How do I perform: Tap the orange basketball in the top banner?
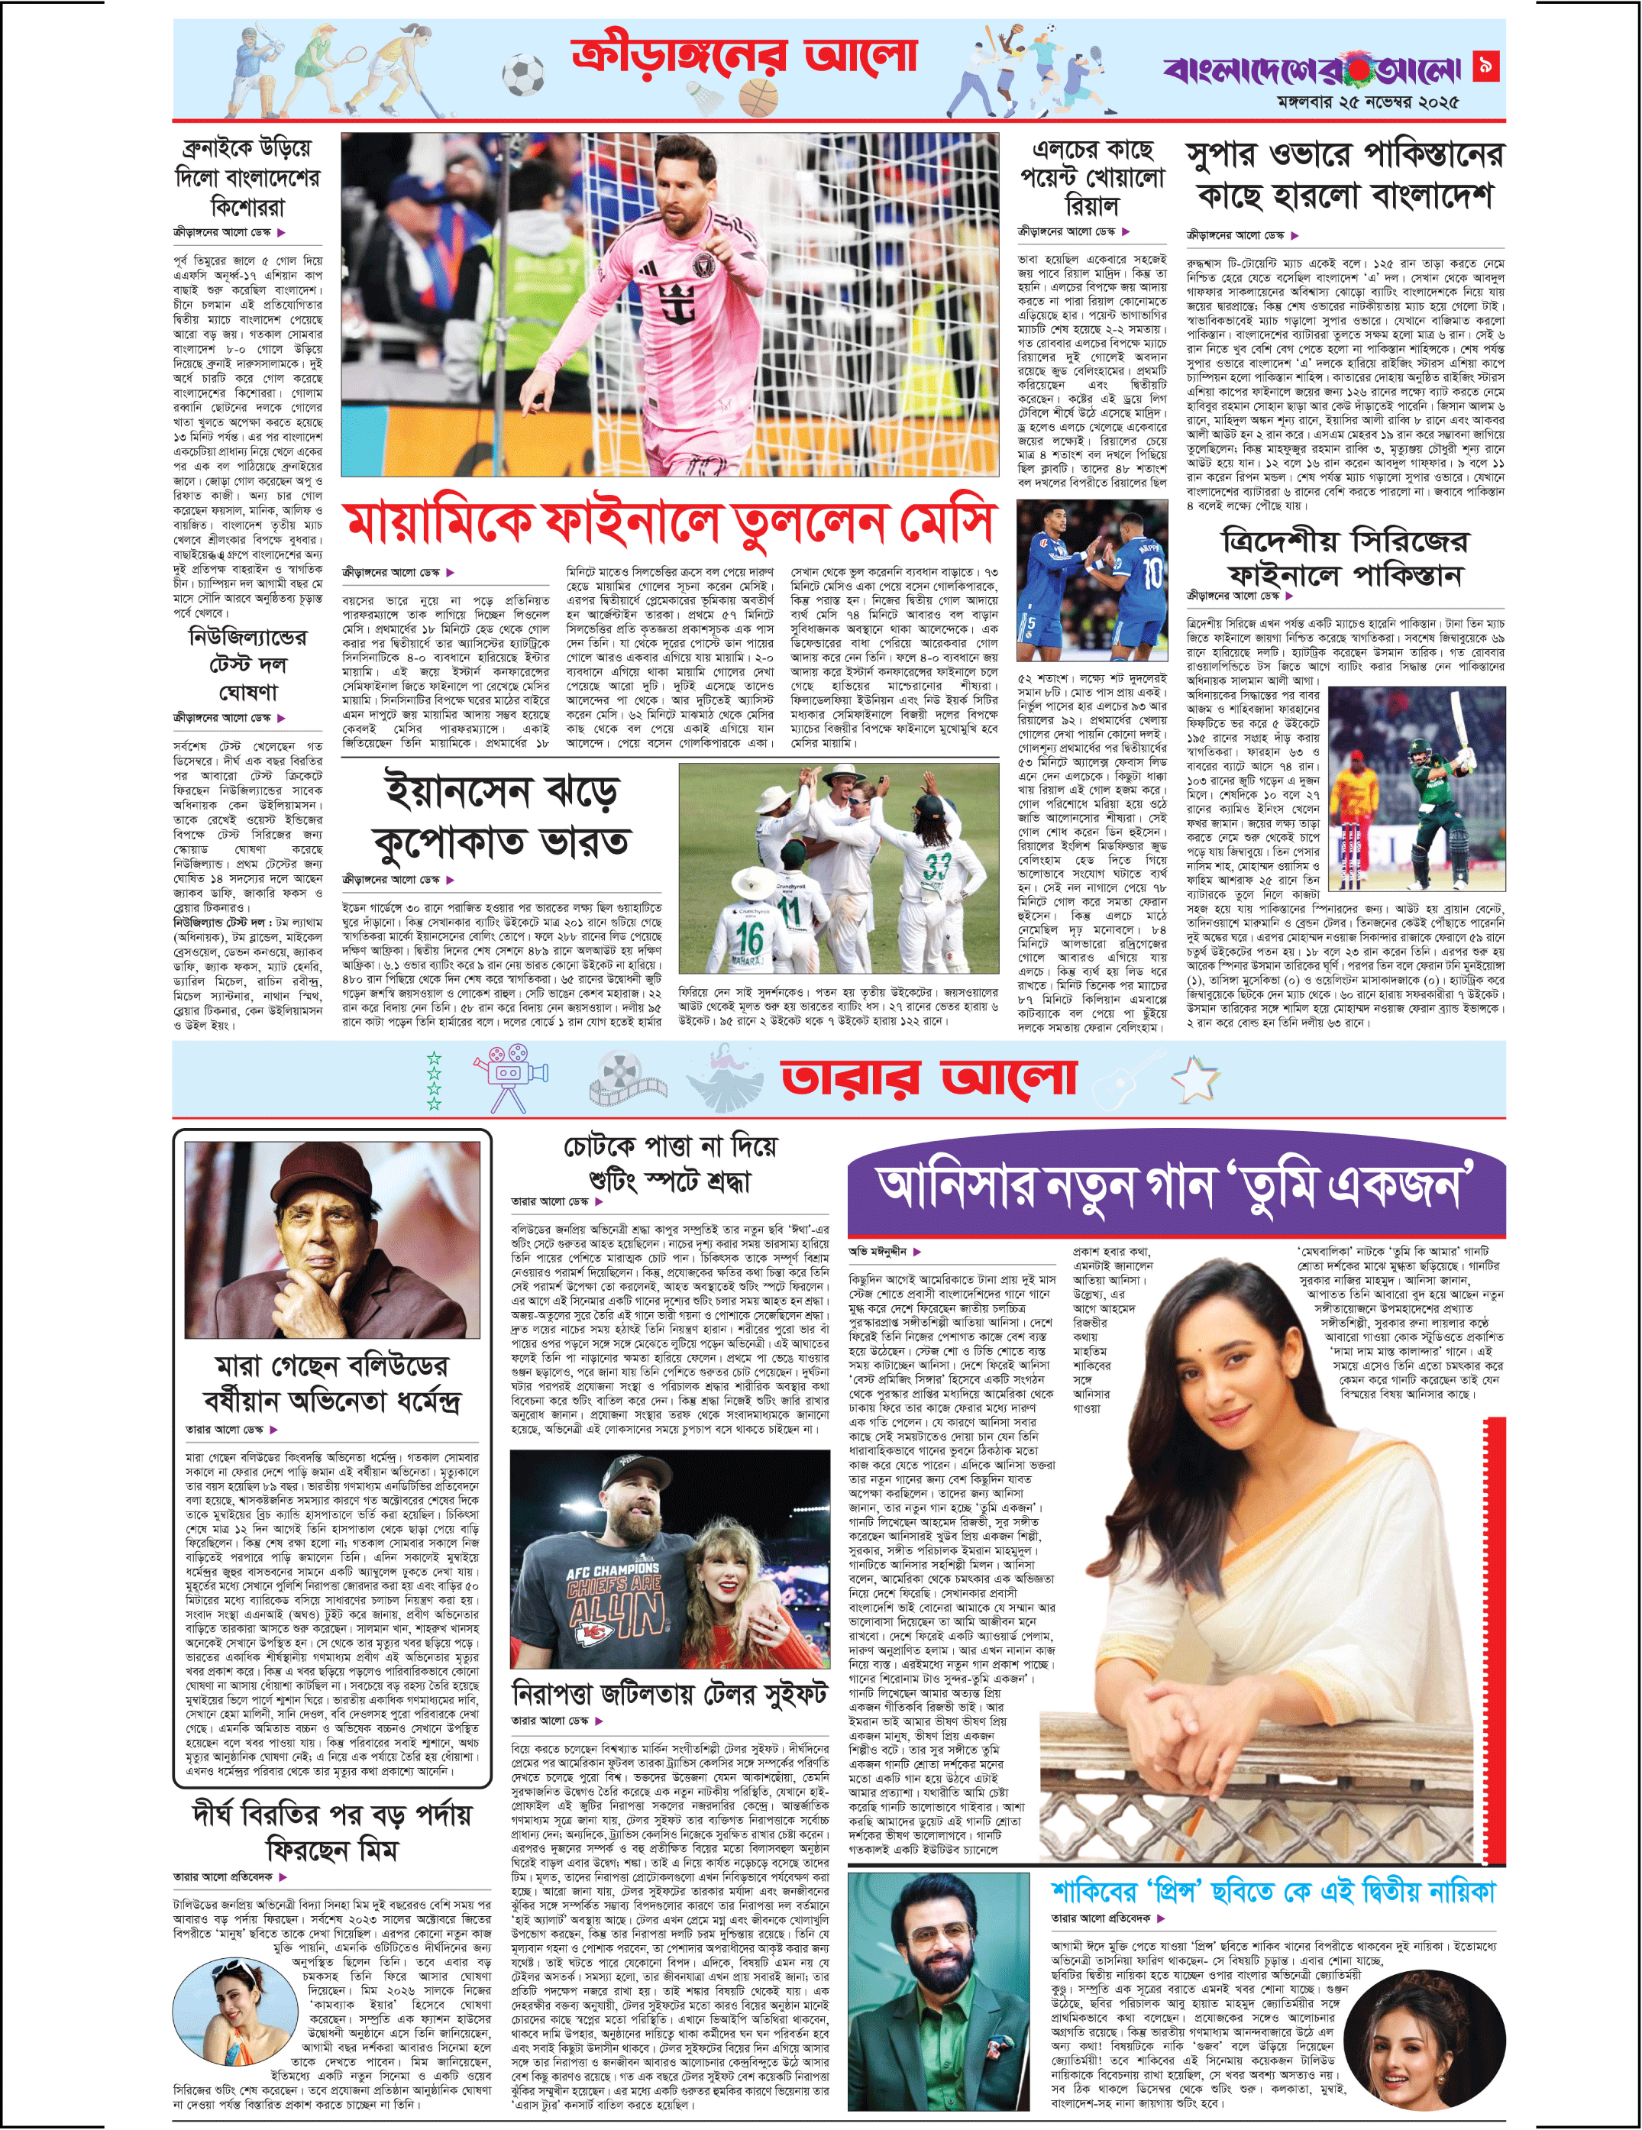tap(760, 98)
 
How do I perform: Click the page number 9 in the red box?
tap(1487, 66)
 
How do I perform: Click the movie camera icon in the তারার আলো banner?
tap(509, 1077)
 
